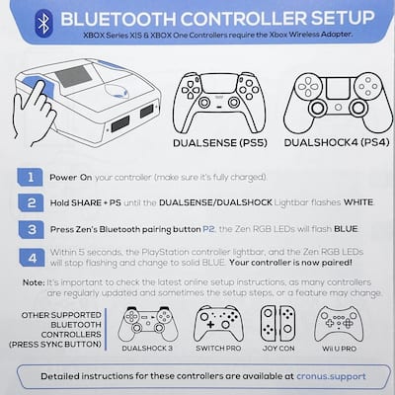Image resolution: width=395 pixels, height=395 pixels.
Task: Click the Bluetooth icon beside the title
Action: point(40,19)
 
